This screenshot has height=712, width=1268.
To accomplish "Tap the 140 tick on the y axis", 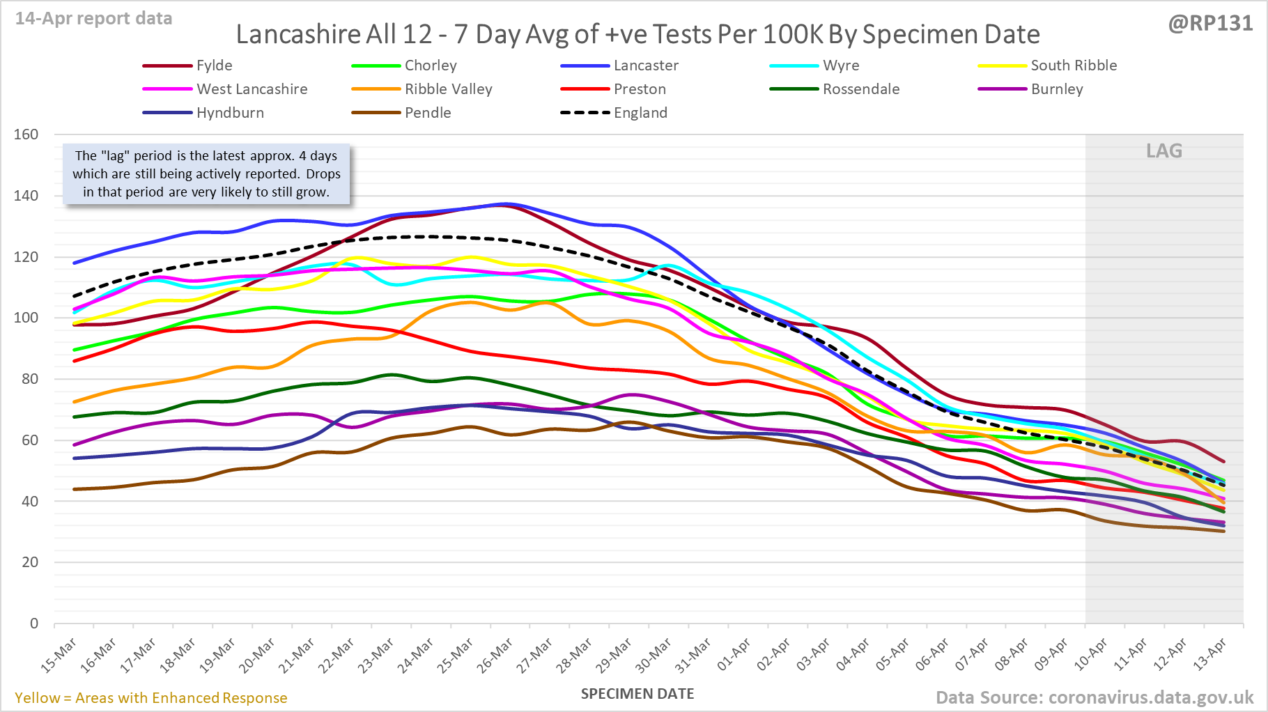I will pyautogui.click(x=26, y=196).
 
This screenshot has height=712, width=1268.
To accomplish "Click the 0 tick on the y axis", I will pyautogui.click(x=33, y=624).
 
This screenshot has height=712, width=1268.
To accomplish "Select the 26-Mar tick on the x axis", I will pyautogui.click(x=495, y=655).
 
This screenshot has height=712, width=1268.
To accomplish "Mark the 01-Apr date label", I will pyautogui.click(x=734, y=655).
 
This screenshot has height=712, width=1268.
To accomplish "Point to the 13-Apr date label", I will pyautogui.click(x=1209, y=655).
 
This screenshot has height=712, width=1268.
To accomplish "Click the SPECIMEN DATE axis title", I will pyautogui.click(x=637, y=694).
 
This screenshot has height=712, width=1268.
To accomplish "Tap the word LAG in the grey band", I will pyautogui.click(x=1164, y=151).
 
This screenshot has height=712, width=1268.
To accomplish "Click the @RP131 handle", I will pyautogui.click(x=1210, y=24).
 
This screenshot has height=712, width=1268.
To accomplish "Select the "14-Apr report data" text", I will pyautogui.click(x=93, y=19).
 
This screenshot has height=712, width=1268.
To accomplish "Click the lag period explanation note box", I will pyautogui.click(x=206, y=174).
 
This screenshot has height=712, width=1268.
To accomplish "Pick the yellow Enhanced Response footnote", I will pyautogui.click(x=150, y=698).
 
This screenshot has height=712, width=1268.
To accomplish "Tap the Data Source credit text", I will pyautogui.click(x=1094, y=697).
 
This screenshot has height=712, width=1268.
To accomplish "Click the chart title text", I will pyautogui.click(x=637, y=34).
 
